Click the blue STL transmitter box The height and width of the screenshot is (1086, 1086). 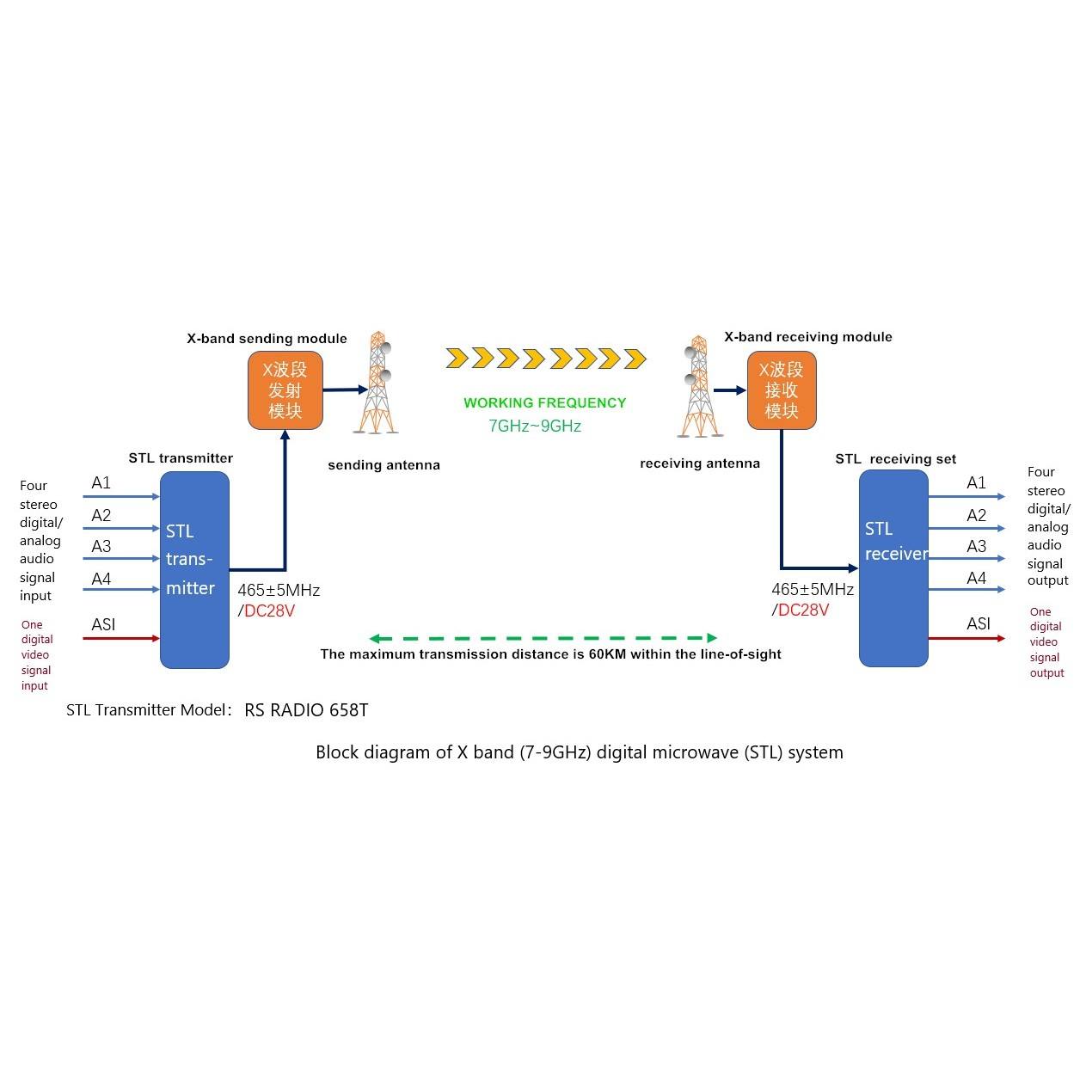(x=194, y=569)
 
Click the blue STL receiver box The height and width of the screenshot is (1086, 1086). (x=893, y=568)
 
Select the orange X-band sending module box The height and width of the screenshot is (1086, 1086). (x=285, y=390)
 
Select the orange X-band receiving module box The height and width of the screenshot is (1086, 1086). (x=781, y=390)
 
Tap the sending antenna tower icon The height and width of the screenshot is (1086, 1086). (x=377, y=383)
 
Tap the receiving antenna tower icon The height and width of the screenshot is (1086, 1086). (x=697, y=387)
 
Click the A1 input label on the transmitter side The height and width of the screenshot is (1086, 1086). (x=101, y=483)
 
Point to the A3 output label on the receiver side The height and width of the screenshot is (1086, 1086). (x=976, y=547)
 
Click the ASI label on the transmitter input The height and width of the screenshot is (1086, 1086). (x=103, y=625)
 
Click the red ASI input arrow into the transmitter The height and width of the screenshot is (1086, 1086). (x=121, y=638)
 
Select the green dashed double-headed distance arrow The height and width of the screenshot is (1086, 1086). (x=543, y=638)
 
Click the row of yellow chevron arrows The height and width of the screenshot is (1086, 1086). (x=545, y=358)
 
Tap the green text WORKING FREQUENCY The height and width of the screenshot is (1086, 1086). (x=544, y=402)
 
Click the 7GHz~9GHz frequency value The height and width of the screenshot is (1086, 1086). (x=535, y=426)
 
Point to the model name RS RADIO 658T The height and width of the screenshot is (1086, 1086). (x=306, y=710)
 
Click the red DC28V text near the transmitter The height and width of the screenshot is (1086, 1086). (x=270, y=611)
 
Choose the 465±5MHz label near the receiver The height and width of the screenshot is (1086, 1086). (x=813, y=590)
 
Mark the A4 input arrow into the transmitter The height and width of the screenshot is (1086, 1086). (x=121, y=590)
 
